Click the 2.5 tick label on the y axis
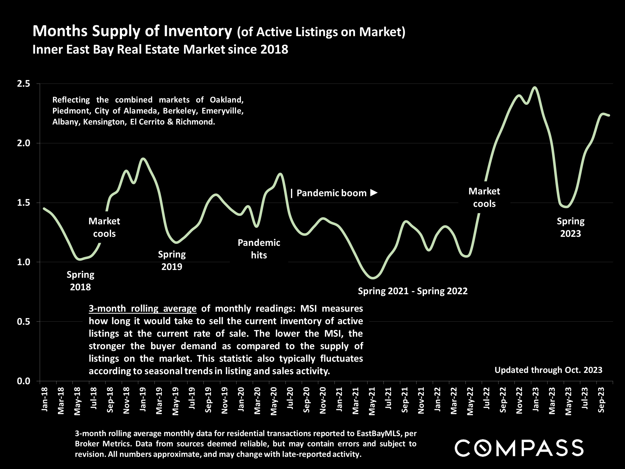click(x=23, y=84)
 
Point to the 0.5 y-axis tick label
click(x=23, y=322)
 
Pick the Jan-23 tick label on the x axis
click(x=535, y=399)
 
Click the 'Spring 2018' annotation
click(x=80, y=281)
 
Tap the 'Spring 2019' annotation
click(x=172, y=260)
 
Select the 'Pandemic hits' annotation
click(x=259, y=249)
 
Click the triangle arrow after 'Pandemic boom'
click(x=374, y=193)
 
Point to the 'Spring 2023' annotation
click(x=570, y=227)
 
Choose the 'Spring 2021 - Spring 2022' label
click(x=412, y=291)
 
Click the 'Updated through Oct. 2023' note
click(x=548, y=370)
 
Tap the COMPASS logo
click(x=519, y=448)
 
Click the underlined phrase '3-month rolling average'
click(x=142, y=308)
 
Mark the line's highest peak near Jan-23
click(x=534, y=87)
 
